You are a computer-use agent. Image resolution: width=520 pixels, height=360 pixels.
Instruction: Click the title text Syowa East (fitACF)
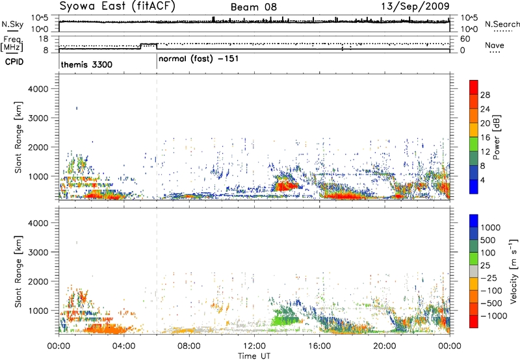117,6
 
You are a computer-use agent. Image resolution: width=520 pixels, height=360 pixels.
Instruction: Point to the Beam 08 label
253,7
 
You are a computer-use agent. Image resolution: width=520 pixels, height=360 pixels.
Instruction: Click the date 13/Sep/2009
415,6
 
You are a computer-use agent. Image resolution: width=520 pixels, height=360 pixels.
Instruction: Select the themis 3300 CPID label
86,64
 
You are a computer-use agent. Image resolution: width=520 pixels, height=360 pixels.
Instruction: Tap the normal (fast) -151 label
198,59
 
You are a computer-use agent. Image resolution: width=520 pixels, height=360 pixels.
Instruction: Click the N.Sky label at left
12,25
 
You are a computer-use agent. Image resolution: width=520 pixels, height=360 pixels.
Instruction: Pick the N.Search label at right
502,24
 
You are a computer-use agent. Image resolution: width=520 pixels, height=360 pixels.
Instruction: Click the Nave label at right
495,45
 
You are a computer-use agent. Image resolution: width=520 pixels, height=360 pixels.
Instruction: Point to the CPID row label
14,62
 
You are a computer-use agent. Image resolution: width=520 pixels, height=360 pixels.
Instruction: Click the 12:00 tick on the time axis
254,346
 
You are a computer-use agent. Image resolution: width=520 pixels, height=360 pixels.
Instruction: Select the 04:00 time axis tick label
124,346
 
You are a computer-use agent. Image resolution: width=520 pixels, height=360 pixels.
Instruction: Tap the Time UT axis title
254,356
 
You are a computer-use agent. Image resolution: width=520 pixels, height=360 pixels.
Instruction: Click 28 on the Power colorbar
485,95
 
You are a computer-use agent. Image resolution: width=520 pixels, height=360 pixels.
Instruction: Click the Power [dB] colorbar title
497,137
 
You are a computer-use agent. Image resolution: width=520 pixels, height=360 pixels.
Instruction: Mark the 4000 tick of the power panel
38,89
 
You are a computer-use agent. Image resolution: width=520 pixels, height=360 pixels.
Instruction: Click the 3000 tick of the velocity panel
38,252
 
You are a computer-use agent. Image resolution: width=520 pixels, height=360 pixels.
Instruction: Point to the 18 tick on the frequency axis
44,39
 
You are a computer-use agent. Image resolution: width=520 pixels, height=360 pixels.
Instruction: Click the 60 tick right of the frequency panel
465,39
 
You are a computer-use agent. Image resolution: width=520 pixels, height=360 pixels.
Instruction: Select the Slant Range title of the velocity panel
18,272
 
